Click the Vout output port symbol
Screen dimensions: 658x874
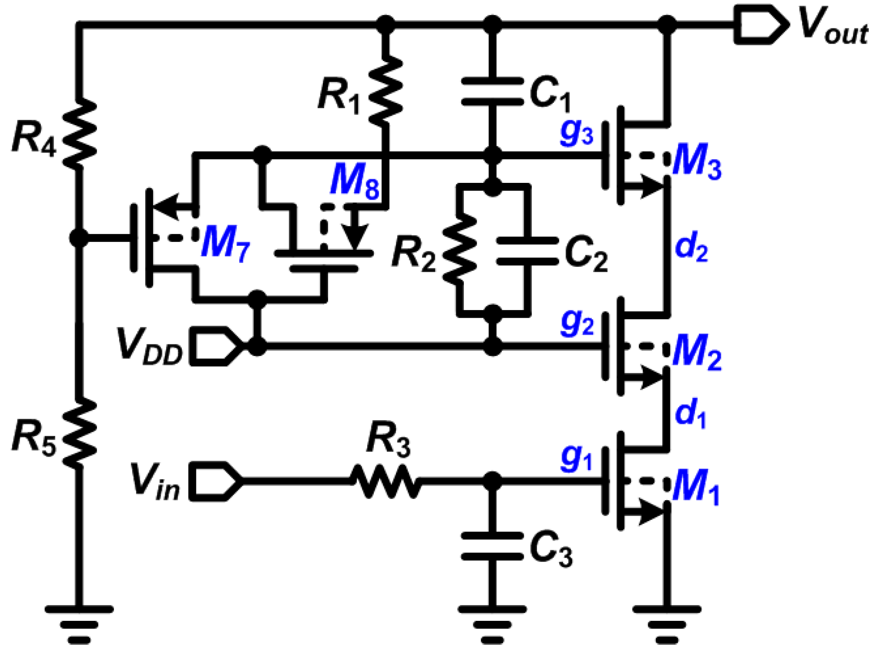pyautogui.click(x=760, y=25)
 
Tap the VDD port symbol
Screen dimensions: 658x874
pyautogui.click(x=217, y=346)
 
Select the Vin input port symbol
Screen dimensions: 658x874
pyautogui.click(x=217, y=481)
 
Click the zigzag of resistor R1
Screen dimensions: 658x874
pyautogui.click(x=386, y=91)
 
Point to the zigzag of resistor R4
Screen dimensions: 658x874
pyautogui.click(x=79, y=133)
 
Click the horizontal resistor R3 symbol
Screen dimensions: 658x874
pyautogui.click(x=386, y=481)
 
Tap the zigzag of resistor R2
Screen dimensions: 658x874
pyautogui.click(x=459, y=247)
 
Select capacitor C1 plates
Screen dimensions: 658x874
pyautogui.click(x=492, y=92)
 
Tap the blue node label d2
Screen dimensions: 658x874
pyautogui.click(x=691, y=248)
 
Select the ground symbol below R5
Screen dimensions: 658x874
pyautogui.click(x=79, y=624)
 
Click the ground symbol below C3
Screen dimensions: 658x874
pyautogui.click(x=492, y=624)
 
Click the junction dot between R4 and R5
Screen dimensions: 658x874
pyautogui.click(x=79, y=238)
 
